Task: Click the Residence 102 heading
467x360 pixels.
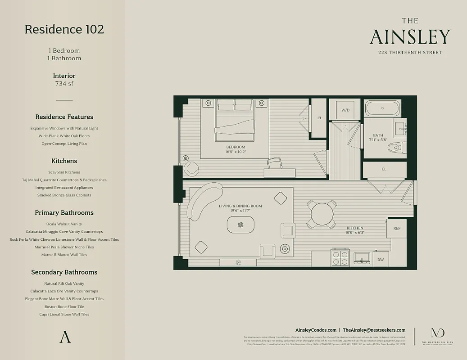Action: [64, 29]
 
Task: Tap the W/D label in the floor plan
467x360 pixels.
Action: [345, 110]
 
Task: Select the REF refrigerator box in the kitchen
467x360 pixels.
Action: [396, 229]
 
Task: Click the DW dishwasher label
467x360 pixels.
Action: [381, 260]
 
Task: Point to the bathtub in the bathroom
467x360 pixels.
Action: [382, 108]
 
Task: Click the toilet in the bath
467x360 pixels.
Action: [396, 147]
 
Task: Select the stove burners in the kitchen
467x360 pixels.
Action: [340, 258]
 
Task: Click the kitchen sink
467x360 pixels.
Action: [362, 258]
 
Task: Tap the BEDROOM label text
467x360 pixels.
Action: [236, 147]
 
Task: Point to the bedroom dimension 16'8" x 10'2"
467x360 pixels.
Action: [236, 152]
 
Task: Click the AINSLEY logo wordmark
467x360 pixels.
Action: [409, 37]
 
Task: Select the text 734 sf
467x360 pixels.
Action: [64, 83]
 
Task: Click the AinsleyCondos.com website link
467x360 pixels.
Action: [315, 330]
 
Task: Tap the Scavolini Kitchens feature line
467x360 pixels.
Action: [64, 172]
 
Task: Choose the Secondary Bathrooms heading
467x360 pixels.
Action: [64, 272]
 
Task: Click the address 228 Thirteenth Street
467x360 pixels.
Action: [409, 53]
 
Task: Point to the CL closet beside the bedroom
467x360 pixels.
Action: [319, 118]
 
